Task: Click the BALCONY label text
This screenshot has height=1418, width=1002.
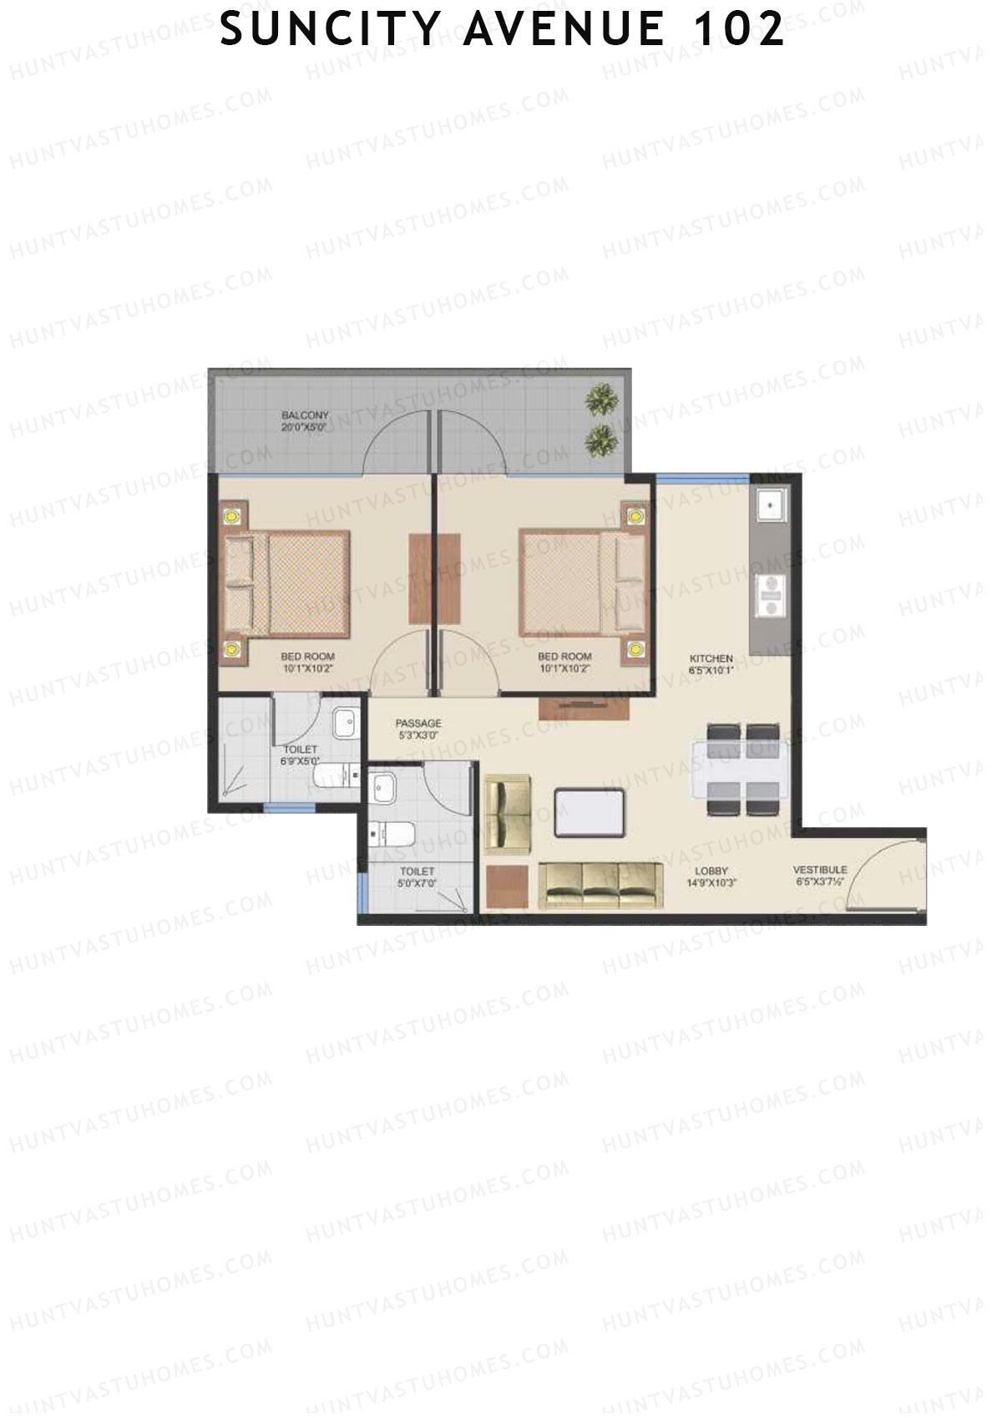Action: (305, 415)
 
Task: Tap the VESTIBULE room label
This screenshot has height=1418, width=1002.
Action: (819, 870)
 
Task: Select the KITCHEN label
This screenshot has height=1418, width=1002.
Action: (711, 658)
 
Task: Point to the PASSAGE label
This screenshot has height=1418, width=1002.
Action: (418, 723)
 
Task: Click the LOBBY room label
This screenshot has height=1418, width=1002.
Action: (711, 871)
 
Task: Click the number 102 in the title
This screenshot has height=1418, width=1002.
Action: (740, 30)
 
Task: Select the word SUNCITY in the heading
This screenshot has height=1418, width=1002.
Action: (330, 30)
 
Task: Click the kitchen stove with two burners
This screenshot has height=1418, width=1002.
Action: (768, 596)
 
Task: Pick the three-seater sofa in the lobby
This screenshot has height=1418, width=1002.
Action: (600, 886)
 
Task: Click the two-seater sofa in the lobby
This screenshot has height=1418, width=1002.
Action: (507, 812)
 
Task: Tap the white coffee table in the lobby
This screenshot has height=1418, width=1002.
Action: (589, 811)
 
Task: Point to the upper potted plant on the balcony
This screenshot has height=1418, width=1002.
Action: (601, 399)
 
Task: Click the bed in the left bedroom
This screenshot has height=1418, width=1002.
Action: (288, 583)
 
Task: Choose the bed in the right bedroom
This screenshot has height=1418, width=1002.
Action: (580, 583)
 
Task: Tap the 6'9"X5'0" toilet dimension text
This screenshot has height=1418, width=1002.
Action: (299, 761)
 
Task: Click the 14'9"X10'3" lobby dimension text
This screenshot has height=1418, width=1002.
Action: (711, 882)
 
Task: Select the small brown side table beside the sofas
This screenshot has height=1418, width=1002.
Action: (507, 887)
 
